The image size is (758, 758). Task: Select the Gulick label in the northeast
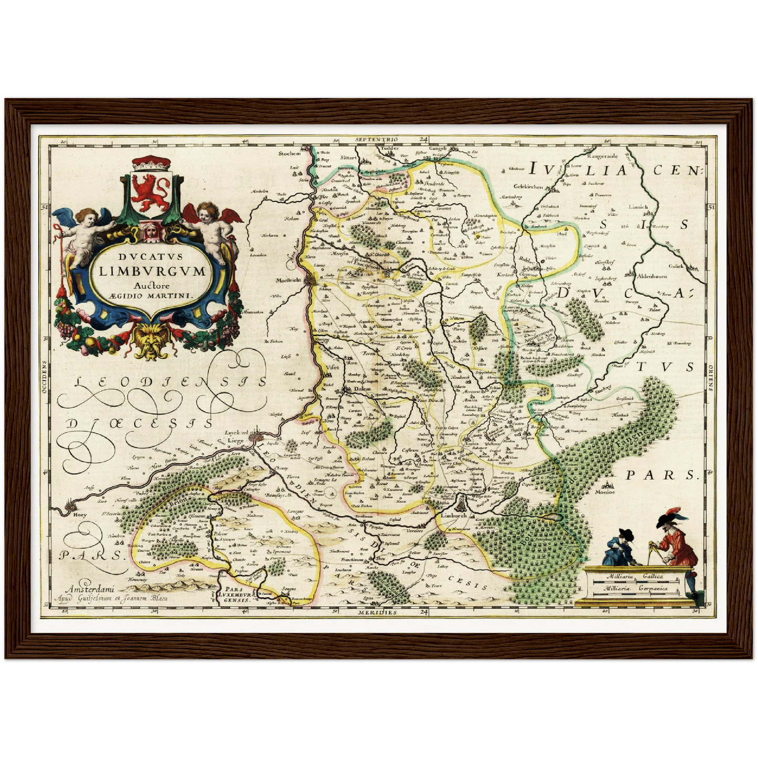675,266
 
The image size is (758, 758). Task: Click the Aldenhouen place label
652,276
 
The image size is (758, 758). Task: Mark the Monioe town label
605,492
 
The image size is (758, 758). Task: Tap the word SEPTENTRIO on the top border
376,140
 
